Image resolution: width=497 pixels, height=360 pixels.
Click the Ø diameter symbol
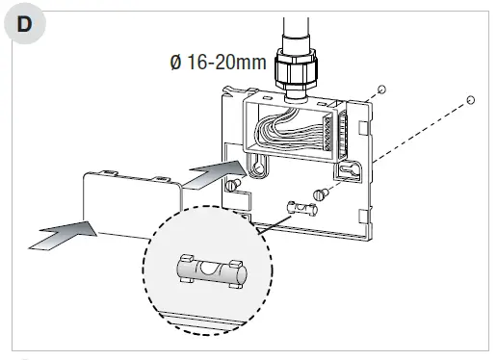pos(175,64)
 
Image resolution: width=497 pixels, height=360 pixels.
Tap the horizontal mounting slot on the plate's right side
pos(348,171)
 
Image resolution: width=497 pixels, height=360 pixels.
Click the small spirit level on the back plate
pos(301,208)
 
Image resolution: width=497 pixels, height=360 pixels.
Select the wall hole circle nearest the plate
pos(381,90)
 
